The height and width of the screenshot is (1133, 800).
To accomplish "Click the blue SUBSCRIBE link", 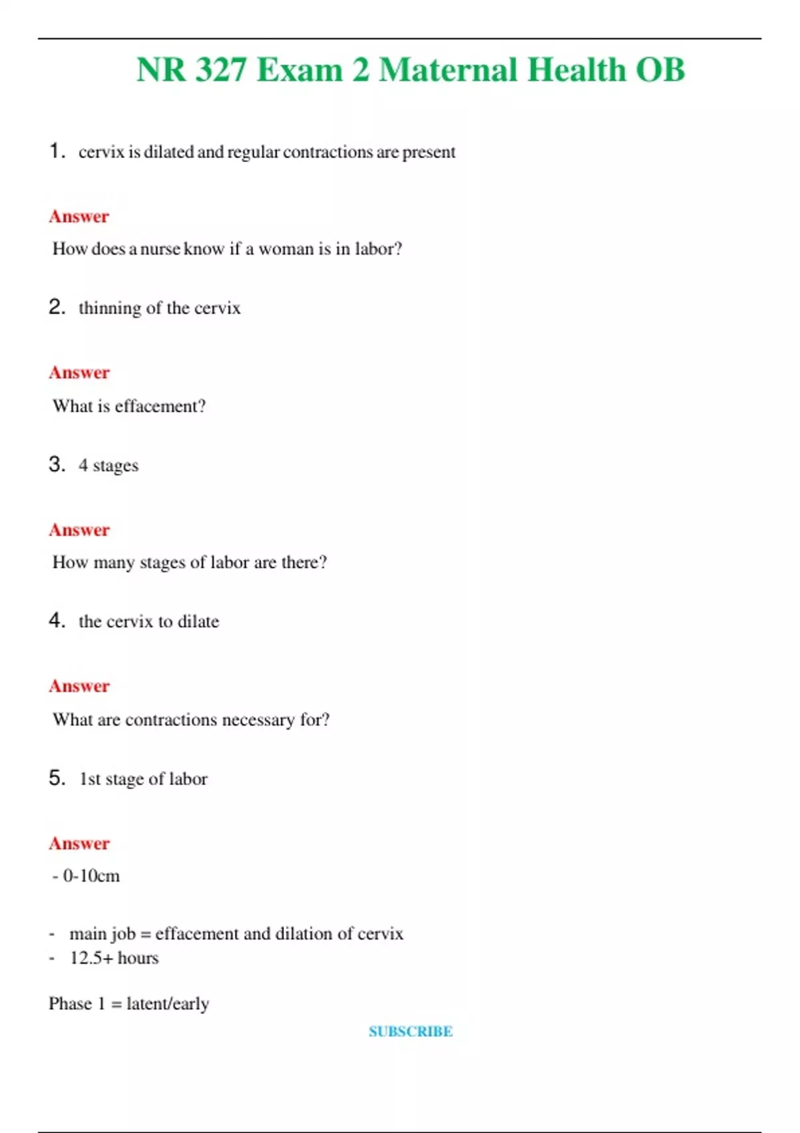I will (x=411, y=1031).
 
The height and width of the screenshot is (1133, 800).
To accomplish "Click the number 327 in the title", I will (x=221, y=70).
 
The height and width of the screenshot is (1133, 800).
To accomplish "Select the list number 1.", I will (x=57, y=151).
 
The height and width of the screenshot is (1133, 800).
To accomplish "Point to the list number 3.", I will (x=57, y=464).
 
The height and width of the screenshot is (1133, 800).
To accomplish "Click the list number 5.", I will (x=57, y=778).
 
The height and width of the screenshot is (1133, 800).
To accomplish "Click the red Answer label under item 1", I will (x=79, y=217).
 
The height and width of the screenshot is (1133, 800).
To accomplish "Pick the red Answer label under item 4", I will (x=79, y=686).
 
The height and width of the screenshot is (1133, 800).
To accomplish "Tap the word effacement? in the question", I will (x=160, y=406).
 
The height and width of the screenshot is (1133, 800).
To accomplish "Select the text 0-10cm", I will (x=91, y=876).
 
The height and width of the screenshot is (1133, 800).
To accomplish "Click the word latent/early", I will (x=167, y=1004).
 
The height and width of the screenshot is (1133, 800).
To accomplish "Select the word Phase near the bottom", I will (x=70, y=1004).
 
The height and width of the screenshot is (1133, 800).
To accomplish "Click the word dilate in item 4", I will (x=198, y=621).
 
